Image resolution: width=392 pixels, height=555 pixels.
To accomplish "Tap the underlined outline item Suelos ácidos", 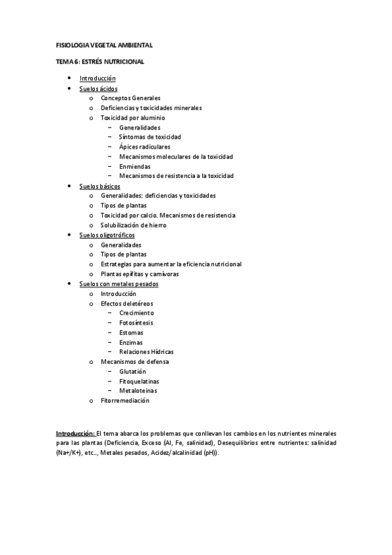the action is [98, 88].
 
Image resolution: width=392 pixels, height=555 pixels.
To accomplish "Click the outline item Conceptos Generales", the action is [130, 98].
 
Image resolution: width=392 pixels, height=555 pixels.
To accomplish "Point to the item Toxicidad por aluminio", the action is [133, 118].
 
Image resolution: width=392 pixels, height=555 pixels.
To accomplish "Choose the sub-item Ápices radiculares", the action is [145, 147].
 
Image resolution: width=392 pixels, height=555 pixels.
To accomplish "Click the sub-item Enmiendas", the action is [135, 166].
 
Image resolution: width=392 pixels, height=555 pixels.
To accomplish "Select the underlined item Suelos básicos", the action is [99, 187].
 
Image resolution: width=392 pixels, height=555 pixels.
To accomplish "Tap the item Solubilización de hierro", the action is [134, 225].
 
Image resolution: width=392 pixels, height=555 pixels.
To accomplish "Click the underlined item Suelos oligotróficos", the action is [107, 235].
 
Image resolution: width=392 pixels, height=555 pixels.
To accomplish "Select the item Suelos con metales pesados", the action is [118, 284].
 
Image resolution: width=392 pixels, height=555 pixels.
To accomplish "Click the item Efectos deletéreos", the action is [127, 304].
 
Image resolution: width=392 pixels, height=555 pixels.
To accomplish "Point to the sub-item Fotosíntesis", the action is [137, 323].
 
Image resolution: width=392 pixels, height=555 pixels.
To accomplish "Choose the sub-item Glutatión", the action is [133, 371].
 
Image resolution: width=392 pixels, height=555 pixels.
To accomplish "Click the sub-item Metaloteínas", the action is [138, 390].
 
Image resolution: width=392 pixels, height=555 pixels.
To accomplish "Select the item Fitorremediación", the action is [125, 400].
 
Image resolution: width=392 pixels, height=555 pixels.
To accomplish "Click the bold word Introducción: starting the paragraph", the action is [75, 433].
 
